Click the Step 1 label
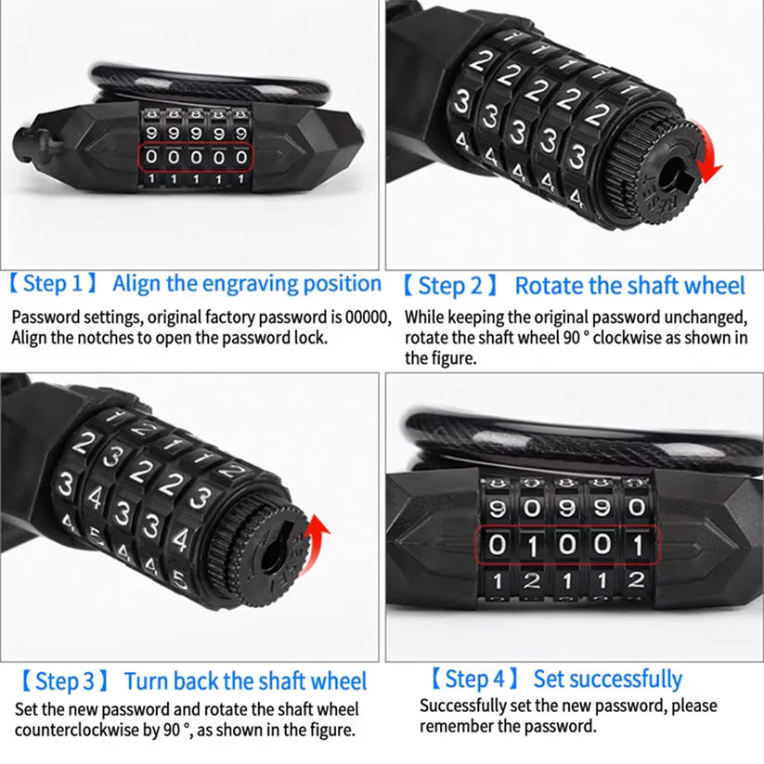click(x=58, y=284)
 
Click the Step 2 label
click(x=452, y=286)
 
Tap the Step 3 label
click(x=64, y=682)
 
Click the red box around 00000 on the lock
click(x=196, y=157)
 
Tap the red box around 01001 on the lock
click(x=566, y=545)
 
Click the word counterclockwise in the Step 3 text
click(x=82, y=730)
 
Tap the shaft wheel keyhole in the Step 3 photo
click(x=276, y=555)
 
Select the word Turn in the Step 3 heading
click(x=146, y=682)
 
